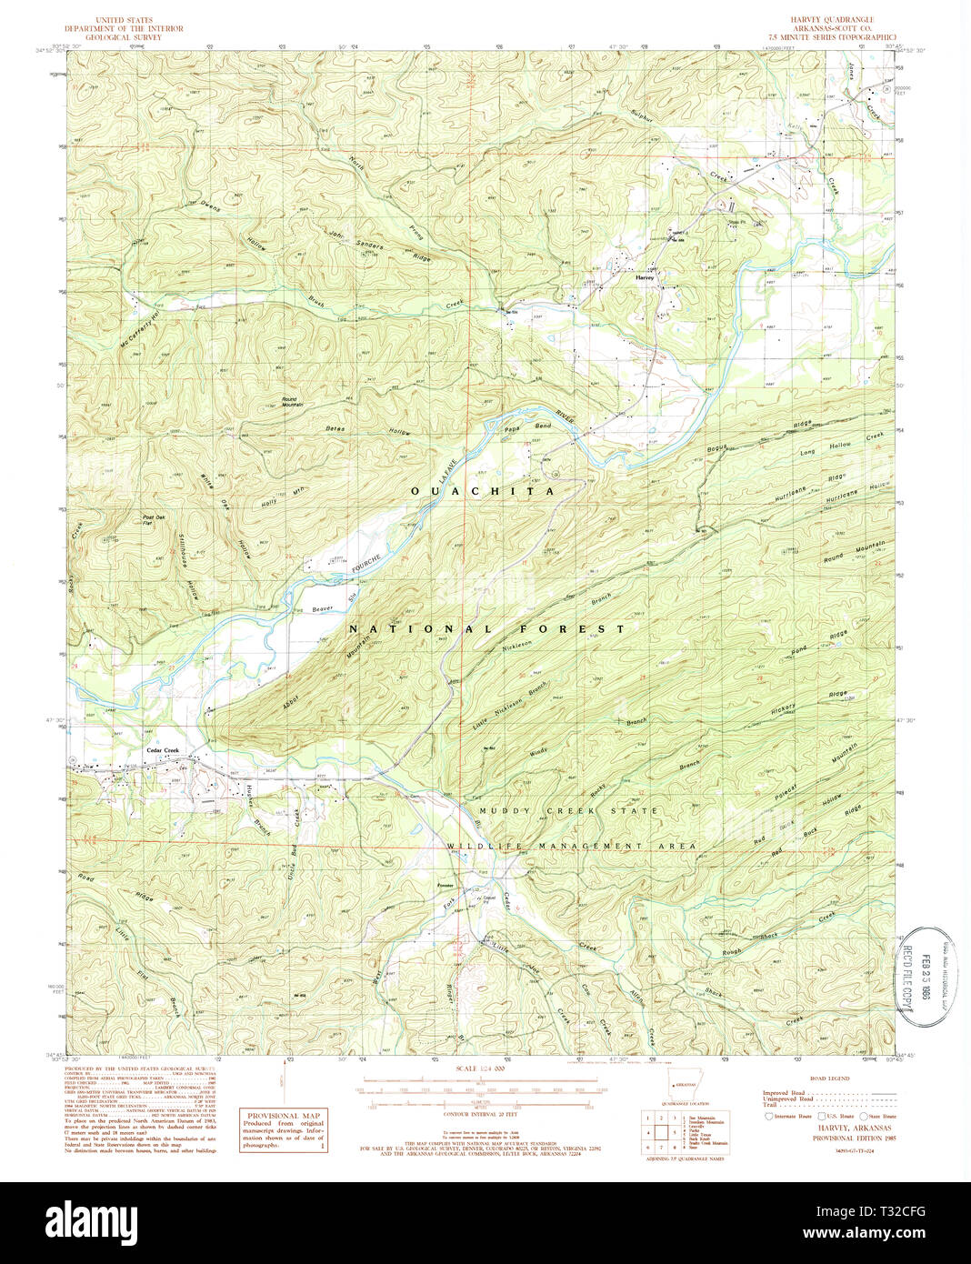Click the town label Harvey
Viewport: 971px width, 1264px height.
pos(646,276)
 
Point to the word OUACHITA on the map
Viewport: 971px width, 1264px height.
pos(483,491)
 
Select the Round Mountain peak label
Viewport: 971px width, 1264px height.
pos(289,400)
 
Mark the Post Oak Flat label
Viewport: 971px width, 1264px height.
pos(154,520)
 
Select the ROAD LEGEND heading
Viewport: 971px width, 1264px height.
pos(828,1078)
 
